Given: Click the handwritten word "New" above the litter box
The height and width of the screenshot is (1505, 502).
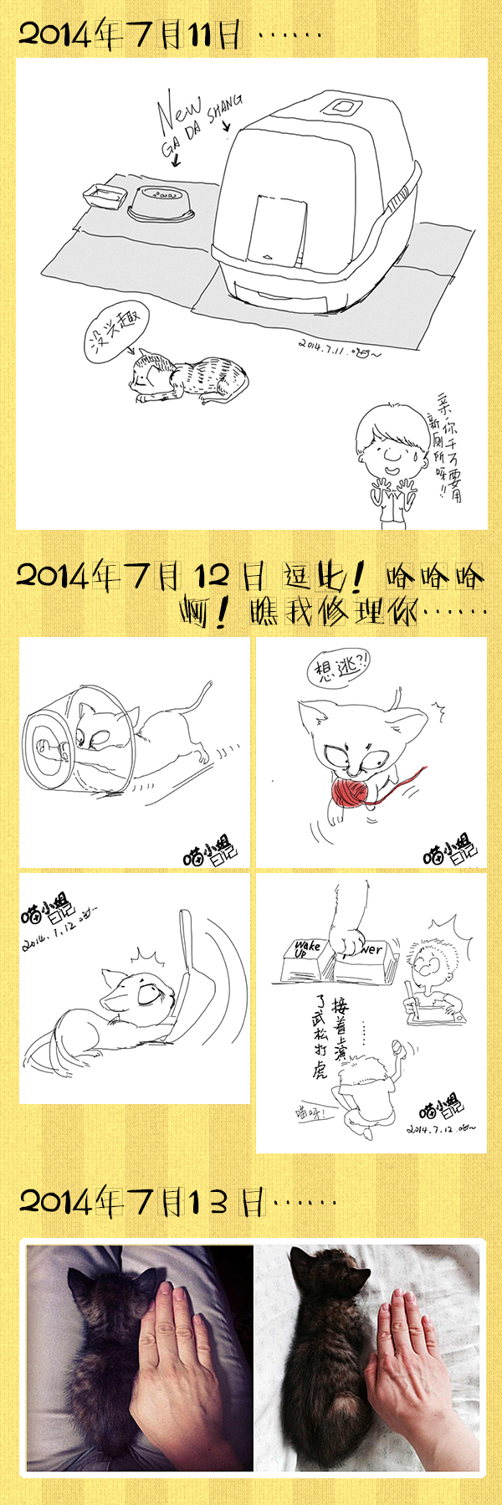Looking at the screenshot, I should point(178,112).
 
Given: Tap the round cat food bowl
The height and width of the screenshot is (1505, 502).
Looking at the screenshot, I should point(161,203).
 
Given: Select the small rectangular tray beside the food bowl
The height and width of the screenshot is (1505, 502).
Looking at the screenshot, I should point(105,197).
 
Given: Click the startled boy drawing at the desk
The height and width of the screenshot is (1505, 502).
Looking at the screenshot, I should point(430,975).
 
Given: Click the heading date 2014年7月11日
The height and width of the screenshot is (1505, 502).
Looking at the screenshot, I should point(130,35).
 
